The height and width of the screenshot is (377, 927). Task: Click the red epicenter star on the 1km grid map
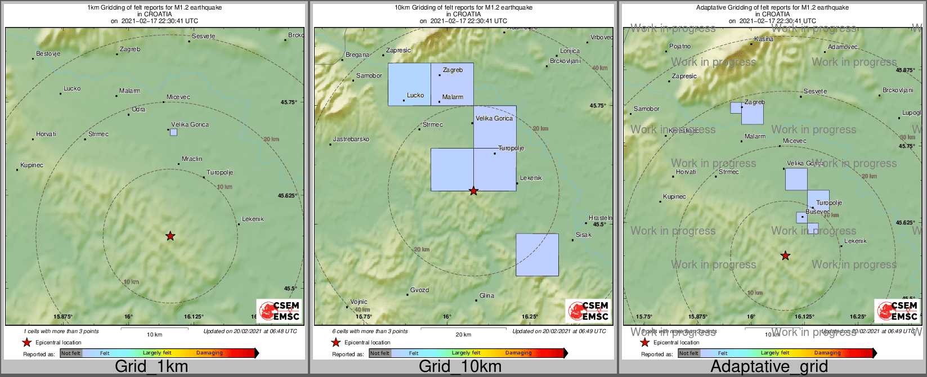click(170, 236)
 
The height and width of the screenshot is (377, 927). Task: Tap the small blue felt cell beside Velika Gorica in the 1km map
click(173, 132)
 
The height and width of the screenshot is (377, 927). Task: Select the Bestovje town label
click(48, 54)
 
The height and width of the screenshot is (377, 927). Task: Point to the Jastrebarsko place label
click(351, 139)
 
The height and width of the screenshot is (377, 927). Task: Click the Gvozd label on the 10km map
click(419, 290)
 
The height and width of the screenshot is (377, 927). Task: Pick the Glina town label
click(487, 296)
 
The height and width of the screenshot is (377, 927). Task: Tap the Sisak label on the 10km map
click(584, 235)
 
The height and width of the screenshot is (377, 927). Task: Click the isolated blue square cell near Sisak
click(537, 255)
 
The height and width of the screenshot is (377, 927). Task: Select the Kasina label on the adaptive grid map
click(764, 39)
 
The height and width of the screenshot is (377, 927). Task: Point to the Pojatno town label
click(680, 46)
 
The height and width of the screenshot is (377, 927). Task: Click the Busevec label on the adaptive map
click(817, 212)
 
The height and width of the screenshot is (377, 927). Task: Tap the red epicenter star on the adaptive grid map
click(785, 256)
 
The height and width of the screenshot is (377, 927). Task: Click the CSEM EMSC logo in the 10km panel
click(588, 311)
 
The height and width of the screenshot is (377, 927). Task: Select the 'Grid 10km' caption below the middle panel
click(460, 367)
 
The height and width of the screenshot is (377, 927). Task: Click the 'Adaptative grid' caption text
click(769, 367)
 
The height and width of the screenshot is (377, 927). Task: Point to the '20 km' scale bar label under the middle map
click(463, 335)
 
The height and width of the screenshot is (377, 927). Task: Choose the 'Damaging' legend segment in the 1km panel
click(209, 353)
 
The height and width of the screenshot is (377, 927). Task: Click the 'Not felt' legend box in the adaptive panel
click(688, 353)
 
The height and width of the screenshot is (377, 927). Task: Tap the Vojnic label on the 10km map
click(359, 302)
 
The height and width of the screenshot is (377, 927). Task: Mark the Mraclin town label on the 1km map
click(192, 159)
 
